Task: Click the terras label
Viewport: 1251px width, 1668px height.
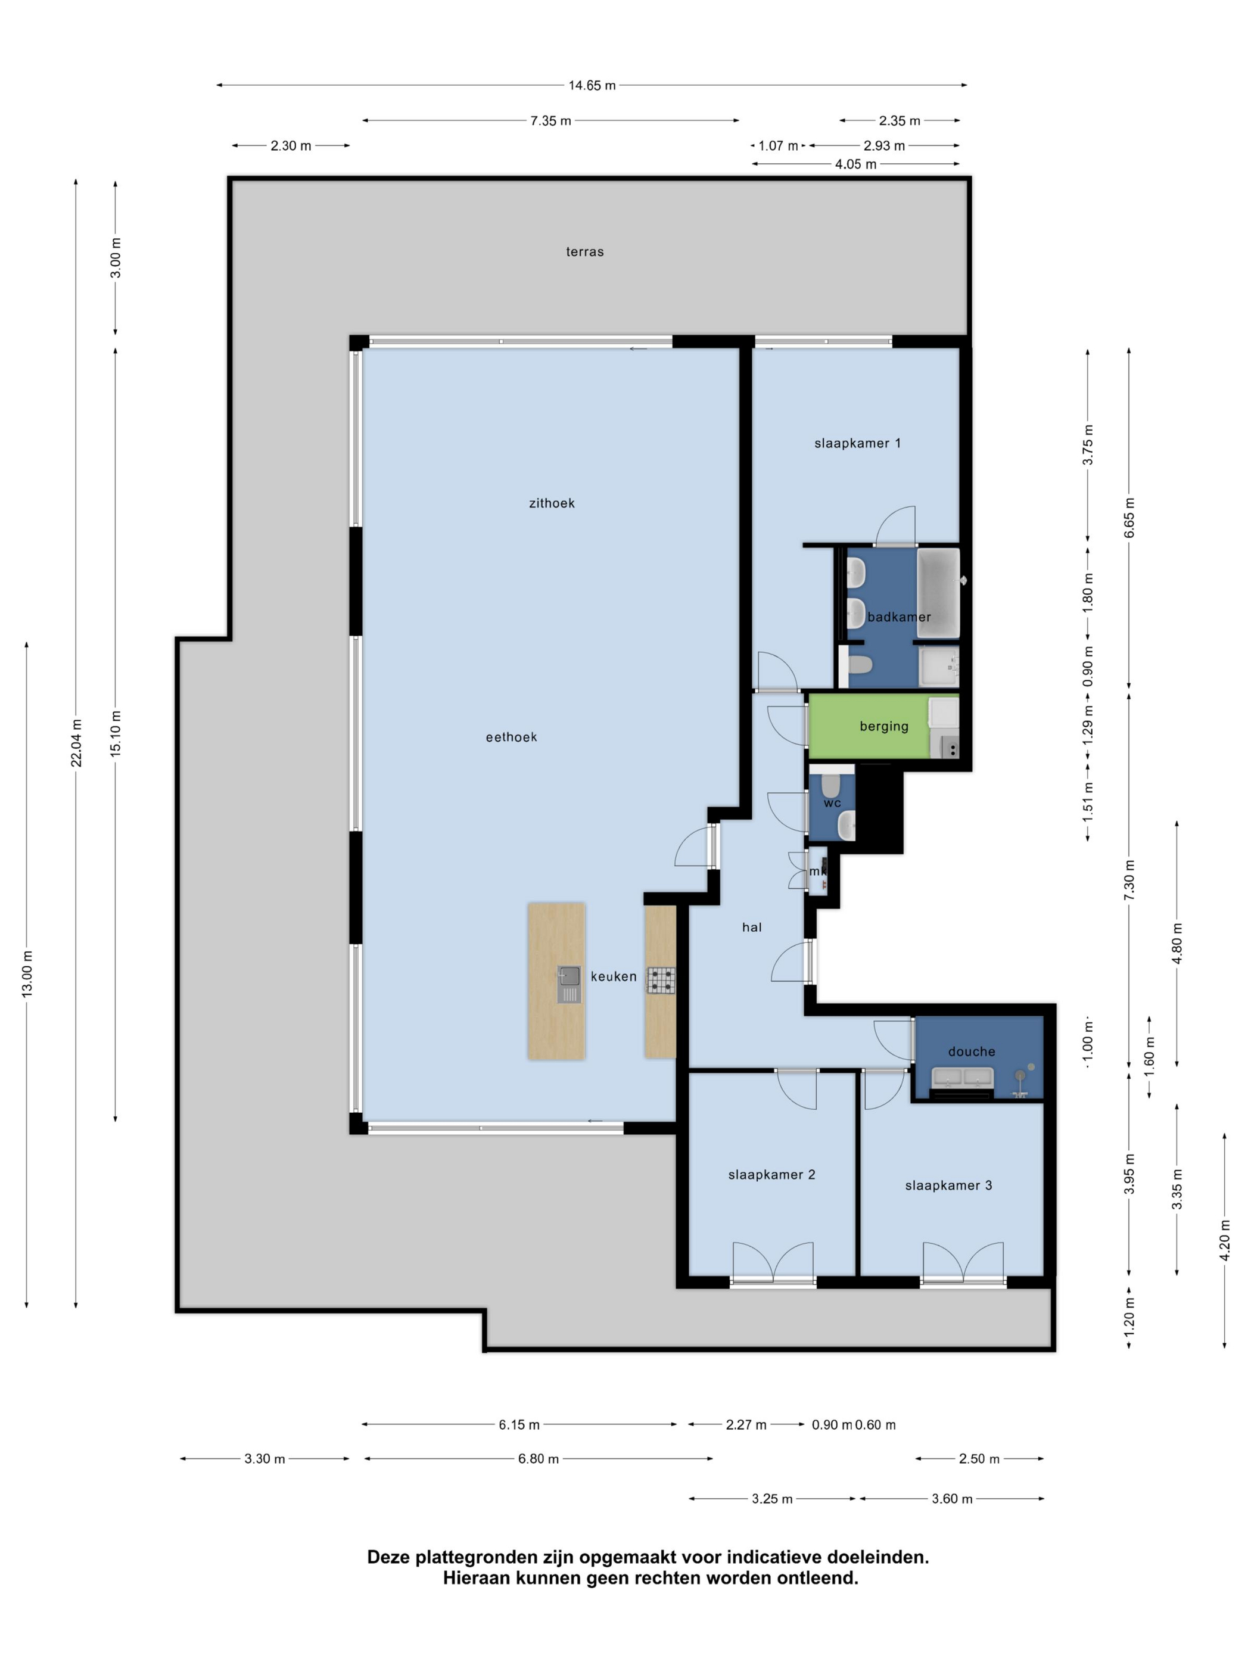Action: [584, 252]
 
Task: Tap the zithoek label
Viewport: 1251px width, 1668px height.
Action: [551, 503]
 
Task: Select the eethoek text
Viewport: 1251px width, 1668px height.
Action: [511, 737]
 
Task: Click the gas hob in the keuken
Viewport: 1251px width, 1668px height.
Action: [661, 981]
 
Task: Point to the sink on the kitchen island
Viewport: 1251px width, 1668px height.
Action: [570, 984]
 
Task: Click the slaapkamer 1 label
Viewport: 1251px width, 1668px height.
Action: [857, 443]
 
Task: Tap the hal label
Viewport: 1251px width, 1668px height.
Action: [752, 928]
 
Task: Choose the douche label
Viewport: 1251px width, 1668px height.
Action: [971, 1051]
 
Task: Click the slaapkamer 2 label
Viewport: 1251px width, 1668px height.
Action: [771, 1174]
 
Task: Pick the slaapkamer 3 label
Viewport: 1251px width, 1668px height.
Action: [948, 1185]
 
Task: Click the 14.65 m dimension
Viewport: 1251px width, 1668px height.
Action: [592, 85]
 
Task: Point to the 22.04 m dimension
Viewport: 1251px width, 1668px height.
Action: [76, 743]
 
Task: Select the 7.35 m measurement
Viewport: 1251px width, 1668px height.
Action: [550, 121]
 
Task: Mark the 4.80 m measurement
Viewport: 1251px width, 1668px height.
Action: [1177, 944]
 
